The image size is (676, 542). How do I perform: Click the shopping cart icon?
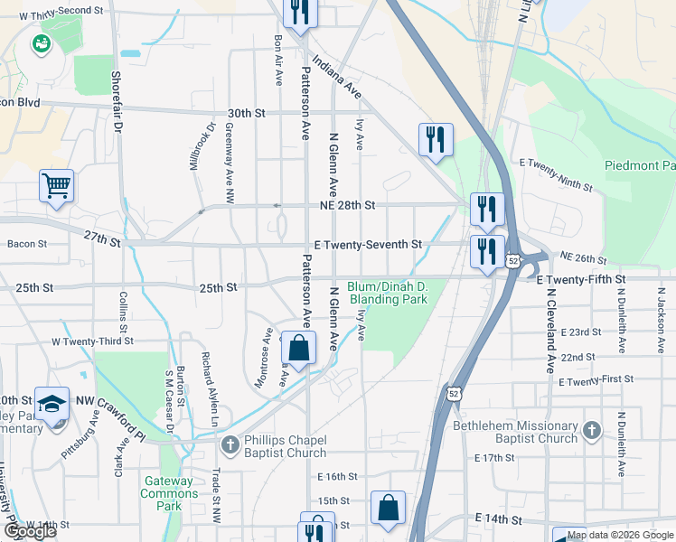[x=56, y=186]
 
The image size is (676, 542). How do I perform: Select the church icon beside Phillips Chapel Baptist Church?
[x=230, y=444]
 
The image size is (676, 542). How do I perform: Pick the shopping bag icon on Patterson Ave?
[x=298, y=348]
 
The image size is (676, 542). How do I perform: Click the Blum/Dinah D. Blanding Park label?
[x=387, y=293]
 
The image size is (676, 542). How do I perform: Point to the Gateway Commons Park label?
[x=169, y=493]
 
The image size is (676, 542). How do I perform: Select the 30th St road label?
[x=246, y=114]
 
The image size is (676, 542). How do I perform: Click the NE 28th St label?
[x=346, y=206]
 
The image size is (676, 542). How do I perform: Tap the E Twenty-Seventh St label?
[x=368, y=245]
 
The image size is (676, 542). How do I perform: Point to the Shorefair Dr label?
[x=117, y=101]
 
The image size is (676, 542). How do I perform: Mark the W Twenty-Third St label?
[x=92, y=341]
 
